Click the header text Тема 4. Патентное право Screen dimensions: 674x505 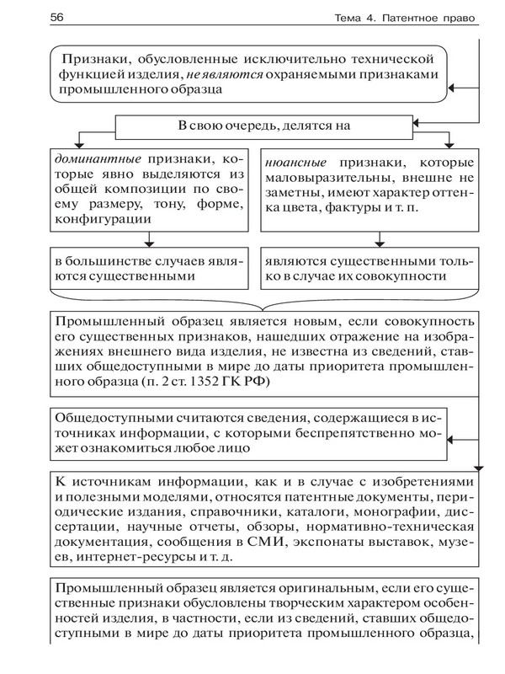[394, 18]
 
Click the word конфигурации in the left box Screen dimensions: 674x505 [102, 218]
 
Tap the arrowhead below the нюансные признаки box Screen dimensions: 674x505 [367, 243]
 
